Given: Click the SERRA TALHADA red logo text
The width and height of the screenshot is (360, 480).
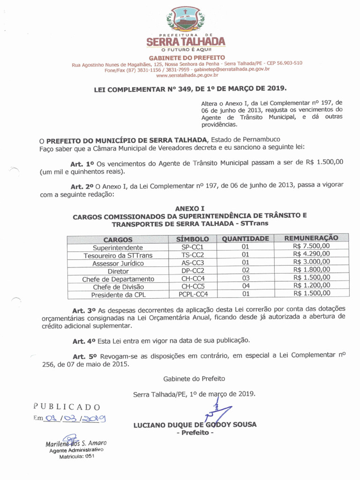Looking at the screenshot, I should pos(186,42).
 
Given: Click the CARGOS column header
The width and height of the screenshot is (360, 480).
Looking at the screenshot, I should pos(118,240).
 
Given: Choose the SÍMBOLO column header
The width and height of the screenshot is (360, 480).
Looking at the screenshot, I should pos(192,239).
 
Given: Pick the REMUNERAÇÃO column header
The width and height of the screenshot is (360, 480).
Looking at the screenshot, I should pos(311,238).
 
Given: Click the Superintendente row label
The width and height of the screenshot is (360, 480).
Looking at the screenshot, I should pos(118,247).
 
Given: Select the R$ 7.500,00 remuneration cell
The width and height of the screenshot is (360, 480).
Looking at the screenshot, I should pos(311,246).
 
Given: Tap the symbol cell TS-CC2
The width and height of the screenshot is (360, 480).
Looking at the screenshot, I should pos(193,255).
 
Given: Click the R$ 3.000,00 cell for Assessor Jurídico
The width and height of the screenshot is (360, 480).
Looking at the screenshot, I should pos(311,262).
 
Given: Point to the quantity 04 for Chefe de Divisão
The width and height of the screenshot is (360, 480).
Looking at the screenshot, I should pos(246,286).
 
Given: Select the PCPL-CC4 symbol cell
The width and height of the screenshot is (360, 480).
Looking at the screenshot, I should pos(193,294).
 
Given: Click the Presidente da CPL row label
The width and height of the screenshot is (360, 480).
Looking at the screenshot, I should pos(118,295).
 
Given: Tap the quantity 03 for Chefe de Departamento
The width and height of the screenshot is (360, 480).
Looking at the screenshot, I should pos(246,278).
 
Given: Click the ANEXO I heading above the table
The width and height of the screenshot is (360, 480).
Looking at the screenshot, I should pos(190,208).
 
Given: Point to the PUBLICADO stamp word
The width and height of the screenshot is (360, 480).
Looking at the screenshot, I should pos(67,406).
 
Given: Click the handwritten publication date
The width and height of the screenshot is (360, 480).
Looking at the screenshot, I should pos(75,419).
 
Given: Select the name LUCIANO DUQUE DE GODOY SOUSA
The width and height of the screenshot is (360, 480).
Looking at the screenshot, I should pos(195,425).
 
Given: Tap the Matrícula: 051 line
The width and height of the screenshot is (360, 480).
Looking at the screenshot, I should pos(76,456).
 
